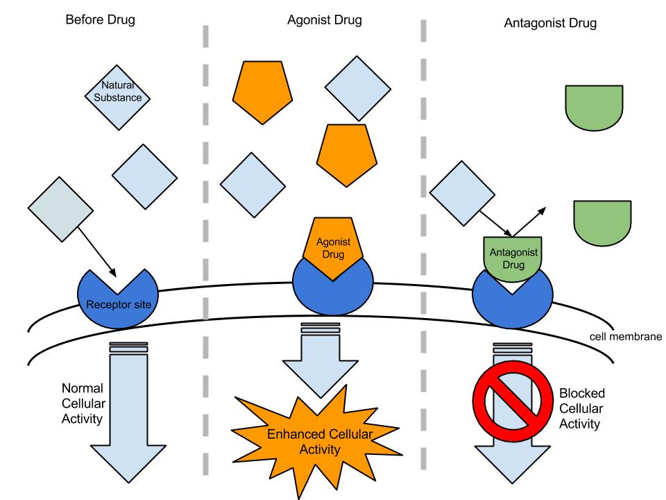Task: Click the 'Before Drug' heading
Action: [x=100, y=19]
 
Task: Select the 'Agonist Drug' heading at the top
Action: [x=324, y=19]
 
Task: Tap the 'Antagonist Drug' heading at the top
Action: [x=550, y=23]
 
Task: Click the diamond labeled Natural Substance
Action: [x=117, y=94]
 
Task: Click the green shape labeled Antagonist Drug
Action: [x=513, y=258]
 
